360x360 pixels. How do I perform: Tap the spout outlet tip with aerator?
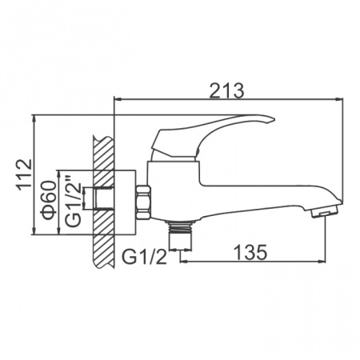322,211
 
